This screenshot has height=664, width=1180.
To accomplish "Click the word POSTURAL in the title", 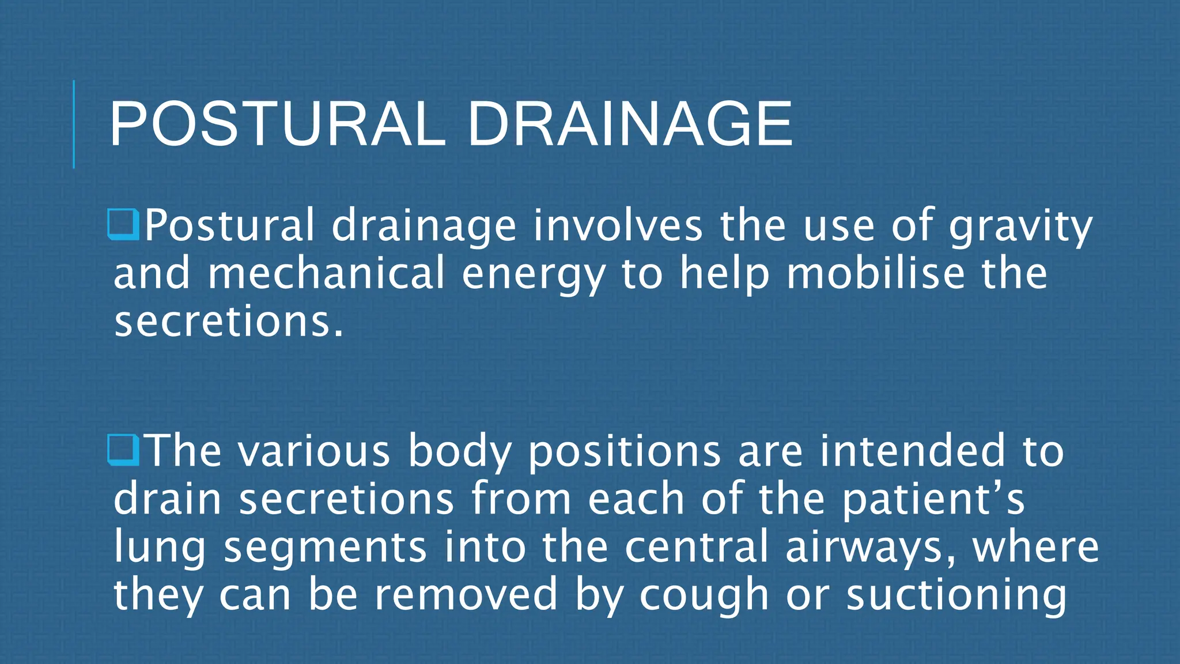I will [x=277, y=124].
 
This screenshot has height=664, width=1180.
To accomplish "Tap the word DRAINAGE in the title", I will [x=630, y=124].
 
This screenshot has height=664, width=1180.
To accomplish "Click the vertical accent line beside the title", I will [x=74, y=124].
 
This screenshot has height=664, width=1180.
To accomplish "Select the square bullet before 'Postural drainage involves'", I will [x=123, y=225].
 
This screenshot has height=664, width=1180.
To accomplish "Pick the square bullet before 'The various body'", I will [x=123, y=450].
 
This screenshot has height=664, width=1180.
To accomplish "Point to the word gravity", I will [x=1020, y=226].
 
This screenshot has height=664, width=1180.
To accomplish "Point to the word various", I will [x=315, y=451].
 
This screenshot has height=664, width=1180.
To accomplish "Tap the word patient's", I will [x=933, y=499].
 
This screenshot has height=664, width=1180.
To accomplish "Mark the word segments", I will [x=325, y=548].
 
